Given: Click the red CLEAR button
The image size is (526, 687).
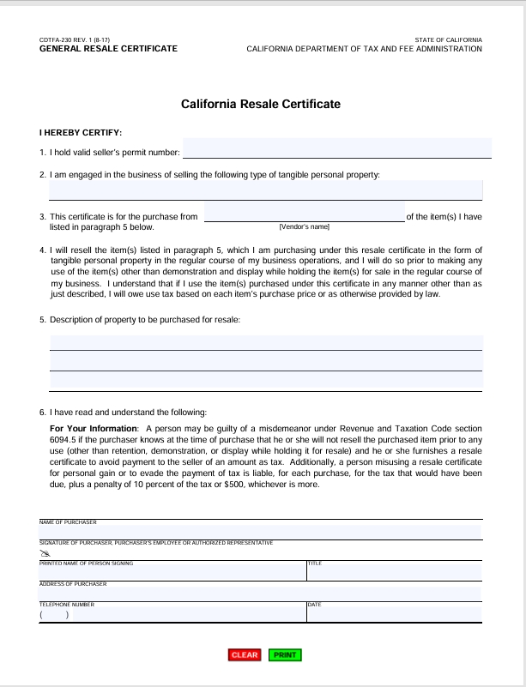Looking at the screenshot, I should click(245, 655).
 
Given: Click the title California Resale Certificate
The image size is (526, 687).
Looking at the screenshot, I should click(261, 104).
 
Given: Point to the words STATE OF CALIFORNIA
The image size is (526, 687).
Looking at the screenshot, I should click(448, 40).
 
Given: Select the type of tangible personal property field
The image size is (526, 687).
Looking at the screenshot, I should click(265, 190).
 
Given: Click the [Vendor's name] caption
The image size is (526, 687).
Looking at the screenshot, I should click(304, 226).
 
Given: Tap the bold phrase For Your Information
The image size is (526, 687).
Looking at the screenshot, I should click(94, 428).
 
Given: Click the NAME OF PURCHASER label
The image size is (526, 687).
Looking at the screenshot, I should click(68, 522).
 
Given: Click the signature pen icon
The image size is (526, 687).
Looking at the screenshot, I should click(45, 553).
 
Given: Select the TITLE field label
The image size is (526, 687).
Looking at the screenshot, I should click(314, 563).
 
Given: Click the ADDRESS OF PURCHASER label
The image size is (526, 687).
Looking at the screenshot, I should click(73, 584).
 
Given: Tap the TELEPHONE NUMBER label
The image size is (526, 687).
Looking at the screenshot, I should click(67, 605).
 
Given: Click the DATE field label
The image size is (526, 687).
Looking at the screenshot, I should click(314, 605).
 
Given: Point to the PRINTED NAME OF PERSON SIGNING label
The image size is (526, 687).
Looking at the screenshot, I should click(86, 563).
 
